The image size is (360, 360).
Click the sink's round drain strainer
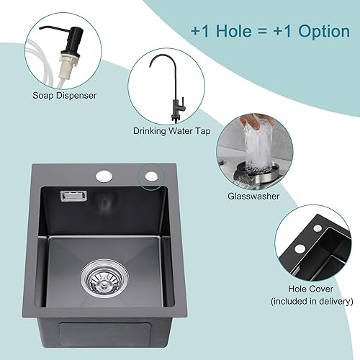point(104,279)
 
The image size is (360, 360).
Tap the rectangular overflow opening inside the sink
point(73,196)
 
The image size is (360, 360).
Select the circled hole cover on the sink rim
point(151,176)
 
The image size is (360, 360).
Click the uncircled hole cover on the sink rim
point(104,176)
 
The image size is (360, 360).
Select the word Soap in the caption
point(43,95)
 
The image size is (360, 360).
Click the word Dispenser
point(76,96)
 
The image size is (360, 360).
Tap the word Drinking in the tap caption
point(149,131)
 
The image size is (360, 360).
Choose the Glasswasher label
point(253,196)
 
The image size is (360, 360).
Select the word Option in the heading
point(324,32)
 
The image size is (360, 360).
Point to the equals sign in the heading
point(263,32)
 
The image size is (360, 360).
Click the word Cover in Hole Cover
point(320,289)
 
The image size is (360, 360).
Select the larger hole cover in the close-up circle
point(300,248)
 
